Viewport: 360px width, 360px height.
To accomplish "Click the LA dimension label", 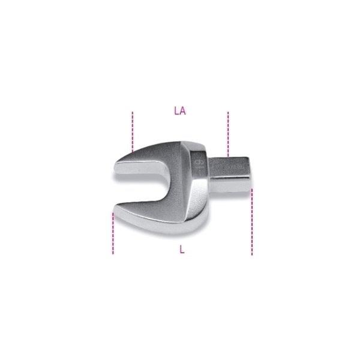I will click(179, 110).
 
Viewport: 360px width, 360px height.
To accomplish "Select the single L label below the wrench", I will click(182, 250).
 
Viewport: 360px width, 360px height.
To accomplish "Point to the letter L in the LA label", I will click(176, 110).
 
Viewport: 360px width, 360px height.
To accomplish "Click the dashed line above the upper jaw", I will click(132, 131).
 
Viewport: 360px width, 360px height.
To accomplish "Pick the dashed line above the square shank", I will click(227, 132).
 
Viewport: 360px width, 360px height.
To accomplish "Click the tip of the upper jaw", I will click(116, 170).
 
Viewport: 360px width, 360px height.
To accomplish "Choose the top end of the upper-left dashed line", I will click(132, 112).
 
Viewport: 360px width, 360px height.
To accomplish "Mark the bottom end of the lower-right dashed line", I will click(251, 254).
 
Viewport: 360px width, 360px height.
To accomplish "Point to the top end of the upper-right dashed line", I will click(227, 112).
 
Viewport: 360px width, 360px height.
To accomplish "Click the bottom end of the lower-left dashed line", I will click(113, 254).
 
